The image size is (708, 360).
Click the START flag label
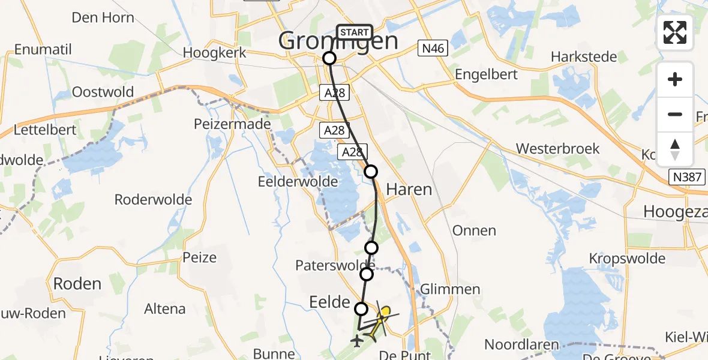[x=355, y=32]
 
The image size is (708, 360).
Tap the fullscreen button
[x=675, y=32]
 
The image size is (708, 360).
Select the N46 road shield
[x=433, y=49]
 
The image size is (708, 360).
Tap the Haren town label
[x=409, y=190]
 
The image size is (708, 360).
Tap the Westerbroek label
[x=557, y=148]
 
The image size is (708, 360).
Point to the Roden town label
[x=77, y=283]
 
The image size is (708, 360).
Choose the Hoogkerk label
[x=214, y=53]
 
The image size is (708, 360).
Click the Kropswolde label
[x=627, y=259]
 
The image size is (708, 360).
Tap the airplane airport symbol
[x=358, y=341]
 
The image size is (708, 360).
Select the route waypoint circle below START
[x=329, y=58]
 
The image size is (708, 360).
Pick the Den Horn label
[x=103, y=17]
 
